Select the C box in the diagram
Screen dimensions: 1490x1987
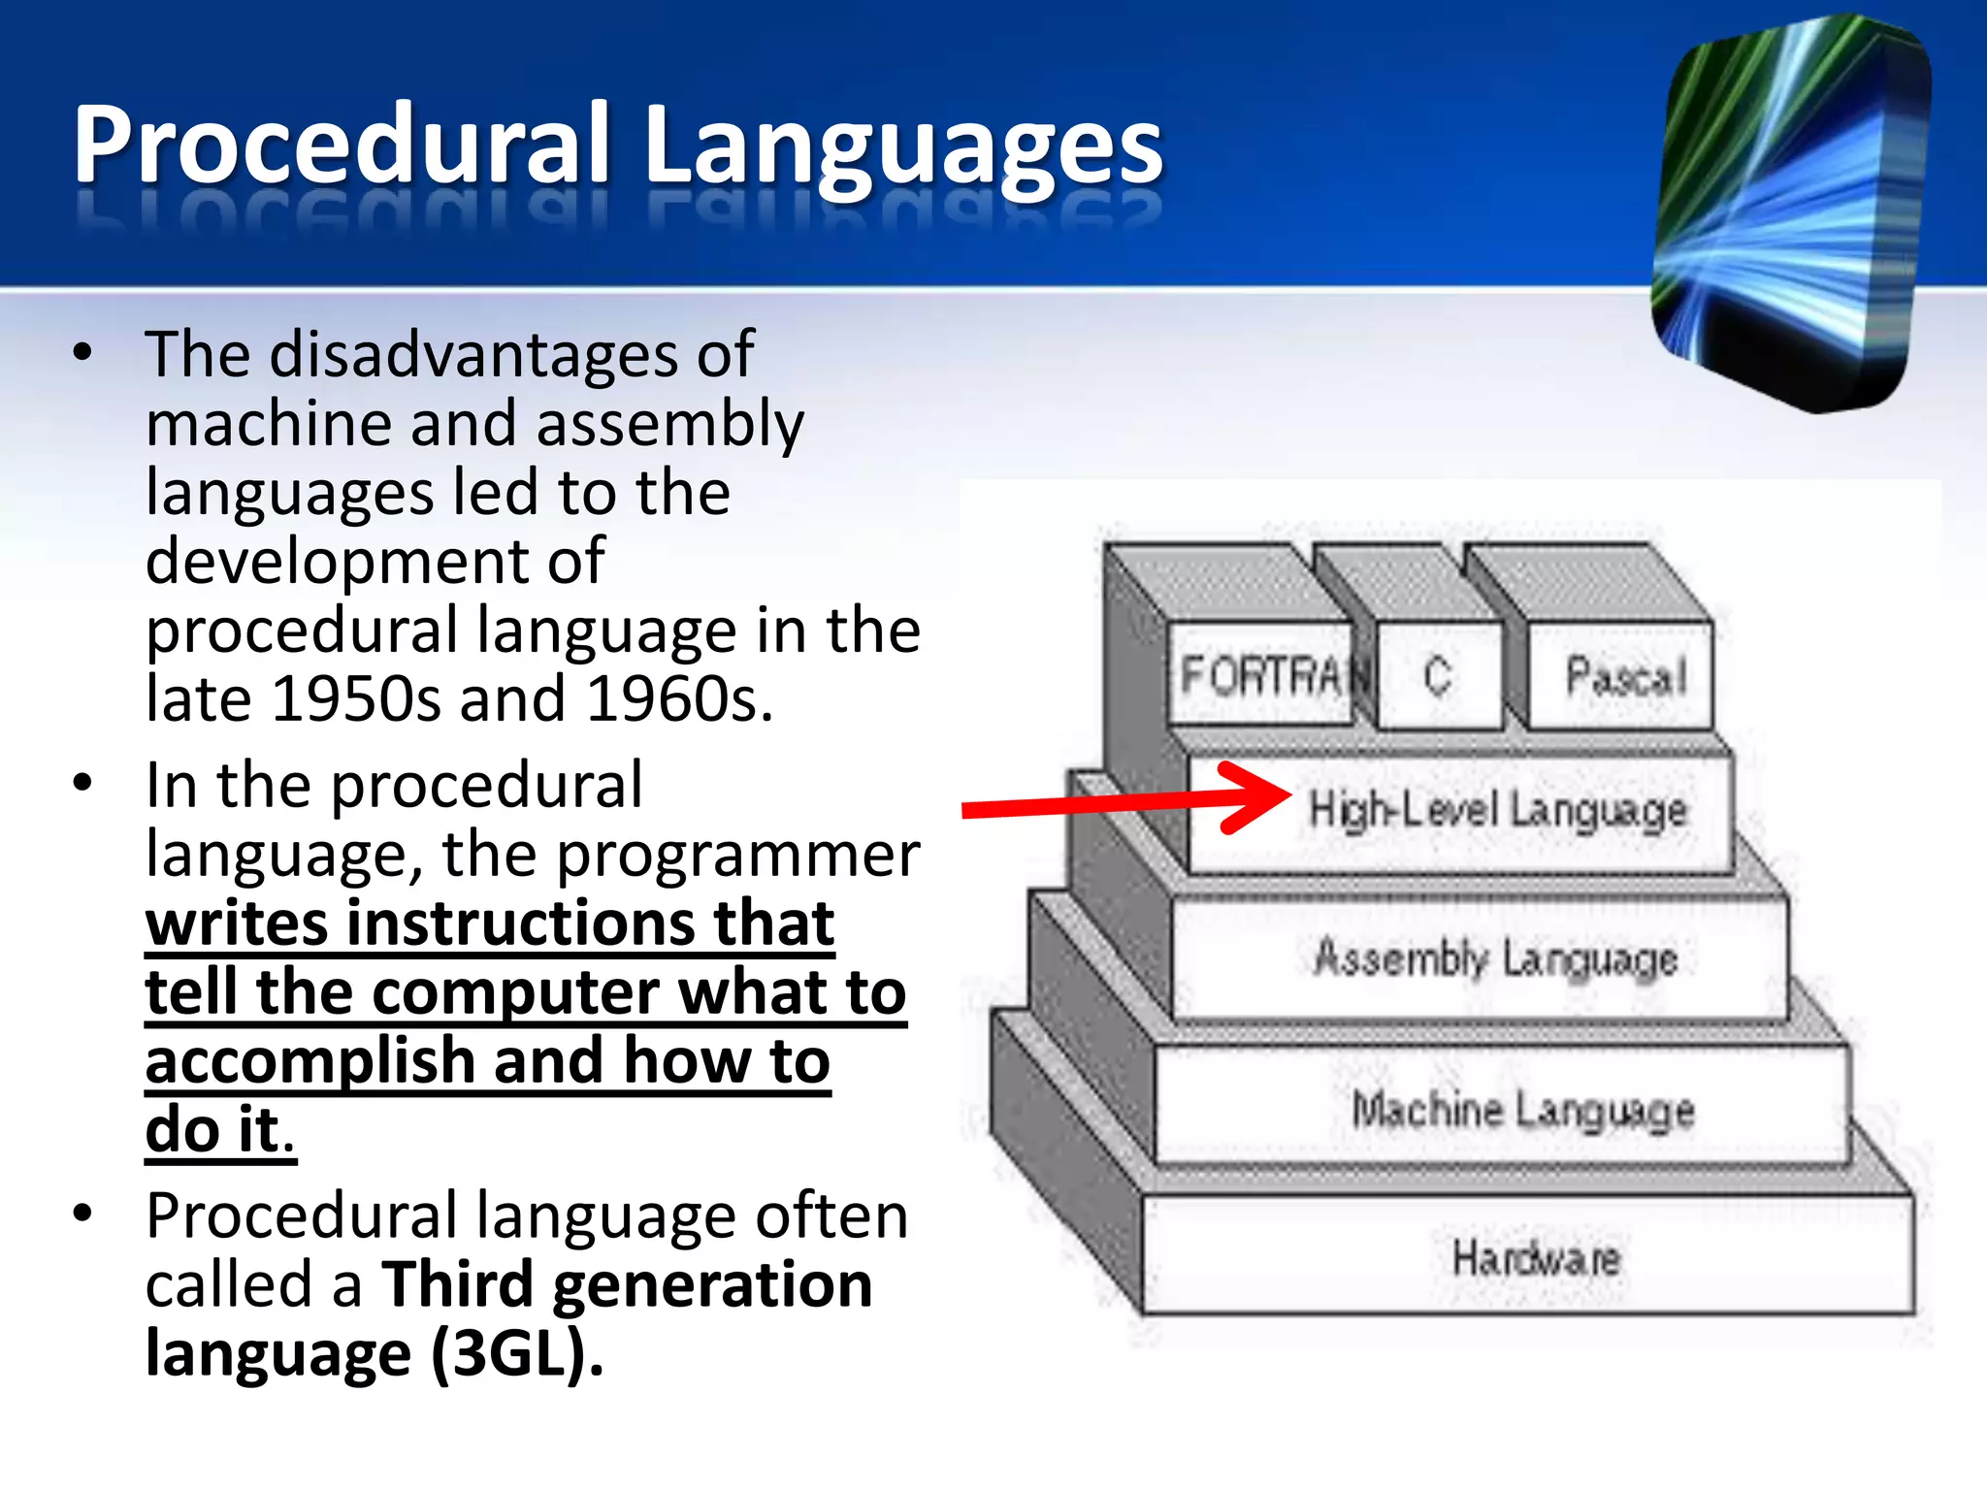click(x=1438, y=675)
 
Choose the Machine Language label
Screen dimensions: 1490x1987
click(x=1523, y=1109)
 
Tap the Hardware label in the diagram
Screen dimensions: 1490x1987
click(x=1537, y=1258)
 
